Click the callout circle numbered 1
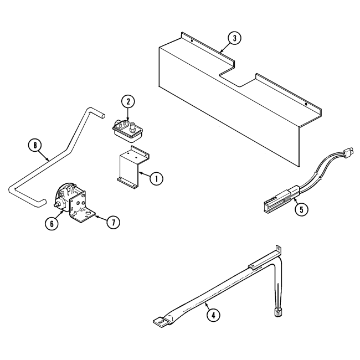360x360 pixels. [x=157, y=178]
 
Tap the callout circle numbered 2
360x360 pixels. [x=128, y=101]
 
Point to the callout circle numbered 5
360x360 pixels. [x=300, y=210]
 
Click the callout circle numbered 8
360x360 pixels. [x=35, y=146]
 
